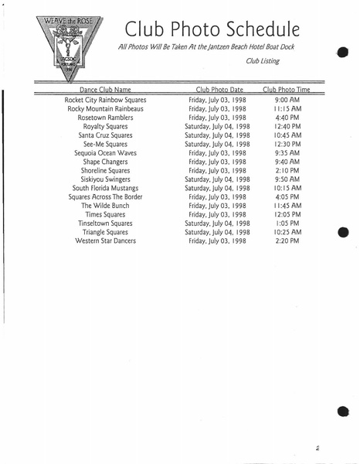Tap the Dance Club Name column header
[x=105, y=90]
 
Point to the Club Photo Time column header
[x=287, y=90]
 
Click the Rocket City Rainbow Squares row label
[x=105, y=100]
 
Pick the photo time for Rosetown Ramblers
[x=287, y=118]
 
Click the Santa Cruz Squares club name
[x=105, y=135]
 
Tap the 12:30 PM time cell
[x=287, y=144]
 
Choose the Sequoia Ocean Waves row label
[x=105, y=153]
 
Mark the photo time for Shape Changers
[x=287, y=162]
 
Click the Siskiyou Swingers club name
[x=105, y=179]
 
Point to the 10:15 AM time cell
[x=287, y=188]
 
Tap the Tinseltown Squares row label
[x=105, y=223]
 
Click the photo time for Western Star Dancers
[x=287, y=241]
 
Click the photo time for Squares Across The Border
[x=287, y=197]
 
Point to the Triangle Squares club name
[x=105, y=232]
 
